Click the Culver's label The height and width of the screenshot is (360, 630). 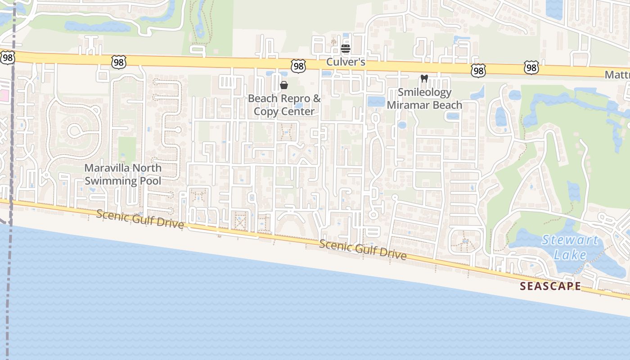(345, 62)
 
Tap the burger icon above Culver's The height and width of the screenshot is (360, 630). (345, 48)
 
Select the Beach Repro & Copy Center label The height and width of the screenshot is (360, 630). (284, 105)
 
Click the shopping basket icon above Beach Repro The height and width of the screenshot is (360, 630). (284, 85)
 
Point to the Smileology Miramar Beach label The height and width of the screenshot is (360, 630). (424, 99)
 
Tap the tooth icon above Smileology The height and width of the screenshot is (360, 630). (423, 78)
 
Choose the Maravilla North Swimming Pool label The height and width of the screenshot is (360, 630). (123, 175)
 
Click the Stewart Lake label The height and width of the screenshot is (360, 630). (570, 247)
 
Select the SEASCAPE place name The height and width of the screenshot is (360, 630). (550, 286)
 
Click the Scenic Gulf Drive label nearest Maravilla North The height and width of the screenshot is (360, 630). (140, 218)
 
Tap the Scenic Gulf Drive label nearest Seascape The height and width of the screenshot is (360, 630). (363, 250)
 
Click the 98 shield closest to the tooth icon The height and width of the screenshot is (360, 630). (478, 70)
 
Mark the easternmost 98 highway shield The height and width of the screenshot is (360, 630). (531, 67)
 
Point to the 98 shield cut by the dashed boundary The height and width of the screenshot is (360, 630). (8, 57)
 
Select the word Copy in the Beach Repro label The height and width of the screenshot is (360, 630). (265, 112)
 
